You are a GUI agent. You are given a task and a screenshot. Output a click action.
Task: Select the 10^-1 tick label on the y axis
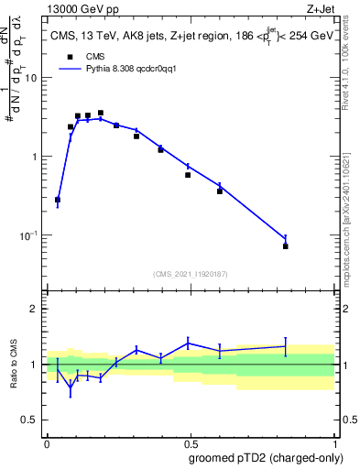point(28,235)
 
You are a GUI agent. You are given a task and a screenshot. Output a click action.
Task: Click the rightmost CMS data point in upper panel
point(286,246)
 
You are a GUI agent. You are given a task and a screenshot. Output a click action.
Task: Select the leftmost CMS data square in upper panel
point(58,200)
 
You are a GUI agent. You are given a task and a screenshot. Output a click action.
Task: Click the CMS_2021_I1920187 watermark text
point(191,273)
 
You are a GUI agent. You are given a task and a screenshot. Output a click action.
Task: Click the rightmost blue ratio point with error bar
point(286,346)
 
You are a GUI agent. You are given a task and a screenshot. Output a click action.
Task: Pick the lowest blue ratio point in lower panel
point(71,387)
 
